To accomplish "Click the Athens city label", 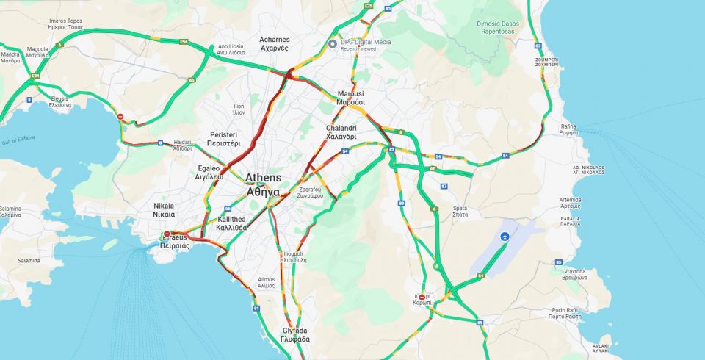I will tap(263, 184).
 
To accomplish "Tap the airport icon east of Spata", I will tap(505, 237).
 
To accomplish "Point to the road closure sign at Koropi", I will tap(422, 297).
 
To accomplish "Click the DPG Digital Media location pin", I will tap(333, 43).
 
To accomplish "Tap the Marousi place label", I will tap(351, 98).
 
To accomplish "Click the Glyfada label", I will tap(295, 334).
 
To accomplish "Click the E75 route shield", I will tap(368, 6).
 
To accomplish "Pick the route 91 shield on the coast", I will tap(256, 308).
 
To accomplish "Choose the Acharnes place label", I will tap(273, 43).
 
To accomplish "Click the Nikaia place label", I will tap(164, 210).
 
